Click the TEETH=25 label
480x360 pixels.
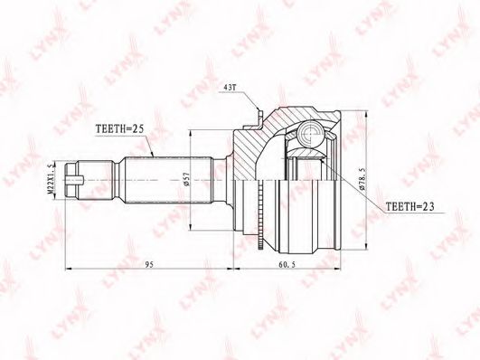(x=119, y=128)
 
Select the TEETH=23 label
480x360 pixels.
(x=409, y=207)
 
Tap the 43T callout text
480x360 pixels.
(x=230, y=88)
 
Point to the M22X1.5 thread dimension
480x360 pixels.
(x=52, y=178)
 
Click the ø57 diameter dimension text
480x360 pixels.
(x=187, y=178)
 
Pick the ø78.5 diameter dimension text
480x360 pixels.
(x=362, y=177)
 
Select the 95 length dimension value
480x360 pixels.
(x=149, y=265)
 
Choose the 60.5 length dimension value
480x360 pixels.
(x=287, y=265)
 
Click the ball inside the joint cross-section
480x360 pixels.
(x=310, y=134)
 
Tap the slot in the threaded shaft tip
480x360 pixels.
(x=75, y=179)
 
